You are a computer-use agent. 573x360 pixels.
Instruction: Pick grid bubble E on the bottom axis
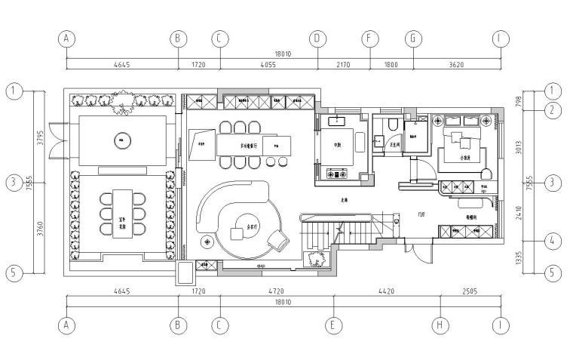334,327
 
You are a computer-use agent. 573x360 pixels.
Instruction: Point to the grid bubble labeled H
441,327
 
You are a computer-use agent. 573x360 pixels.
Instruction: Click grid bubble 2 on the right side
553,109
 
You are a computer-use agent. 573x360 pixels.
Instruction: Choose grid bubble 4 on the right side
553,242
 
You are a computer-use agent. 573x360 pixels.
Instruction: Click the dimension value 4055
268,65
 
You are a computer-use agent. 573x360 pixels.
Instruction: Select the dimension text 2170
343,65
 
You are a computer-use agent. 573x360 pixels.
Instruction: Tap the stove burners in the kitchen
334,174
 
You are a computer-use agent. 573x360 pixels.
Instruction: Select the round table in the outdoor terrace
121,138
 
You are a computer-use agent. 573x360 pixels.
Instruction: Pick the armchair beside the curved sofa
278,240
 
